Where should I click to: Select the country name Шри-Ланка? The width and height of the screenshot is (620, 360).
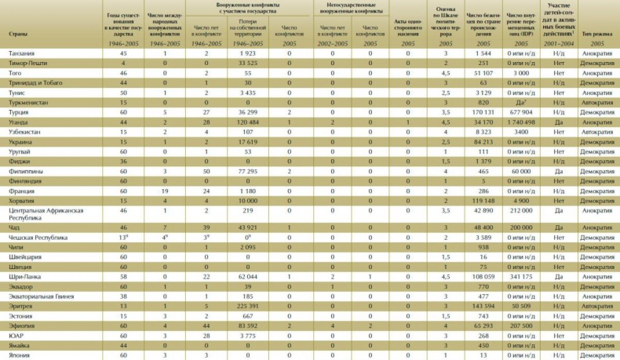point(24,277)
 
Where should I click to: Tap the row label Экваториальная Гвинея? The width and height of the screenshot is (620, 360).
point(42,297)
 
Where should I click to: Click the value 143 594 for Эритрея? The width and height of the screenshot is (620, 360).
point(477,307)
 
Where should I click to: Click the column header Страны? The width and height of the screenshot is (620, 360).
point(19,35)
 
